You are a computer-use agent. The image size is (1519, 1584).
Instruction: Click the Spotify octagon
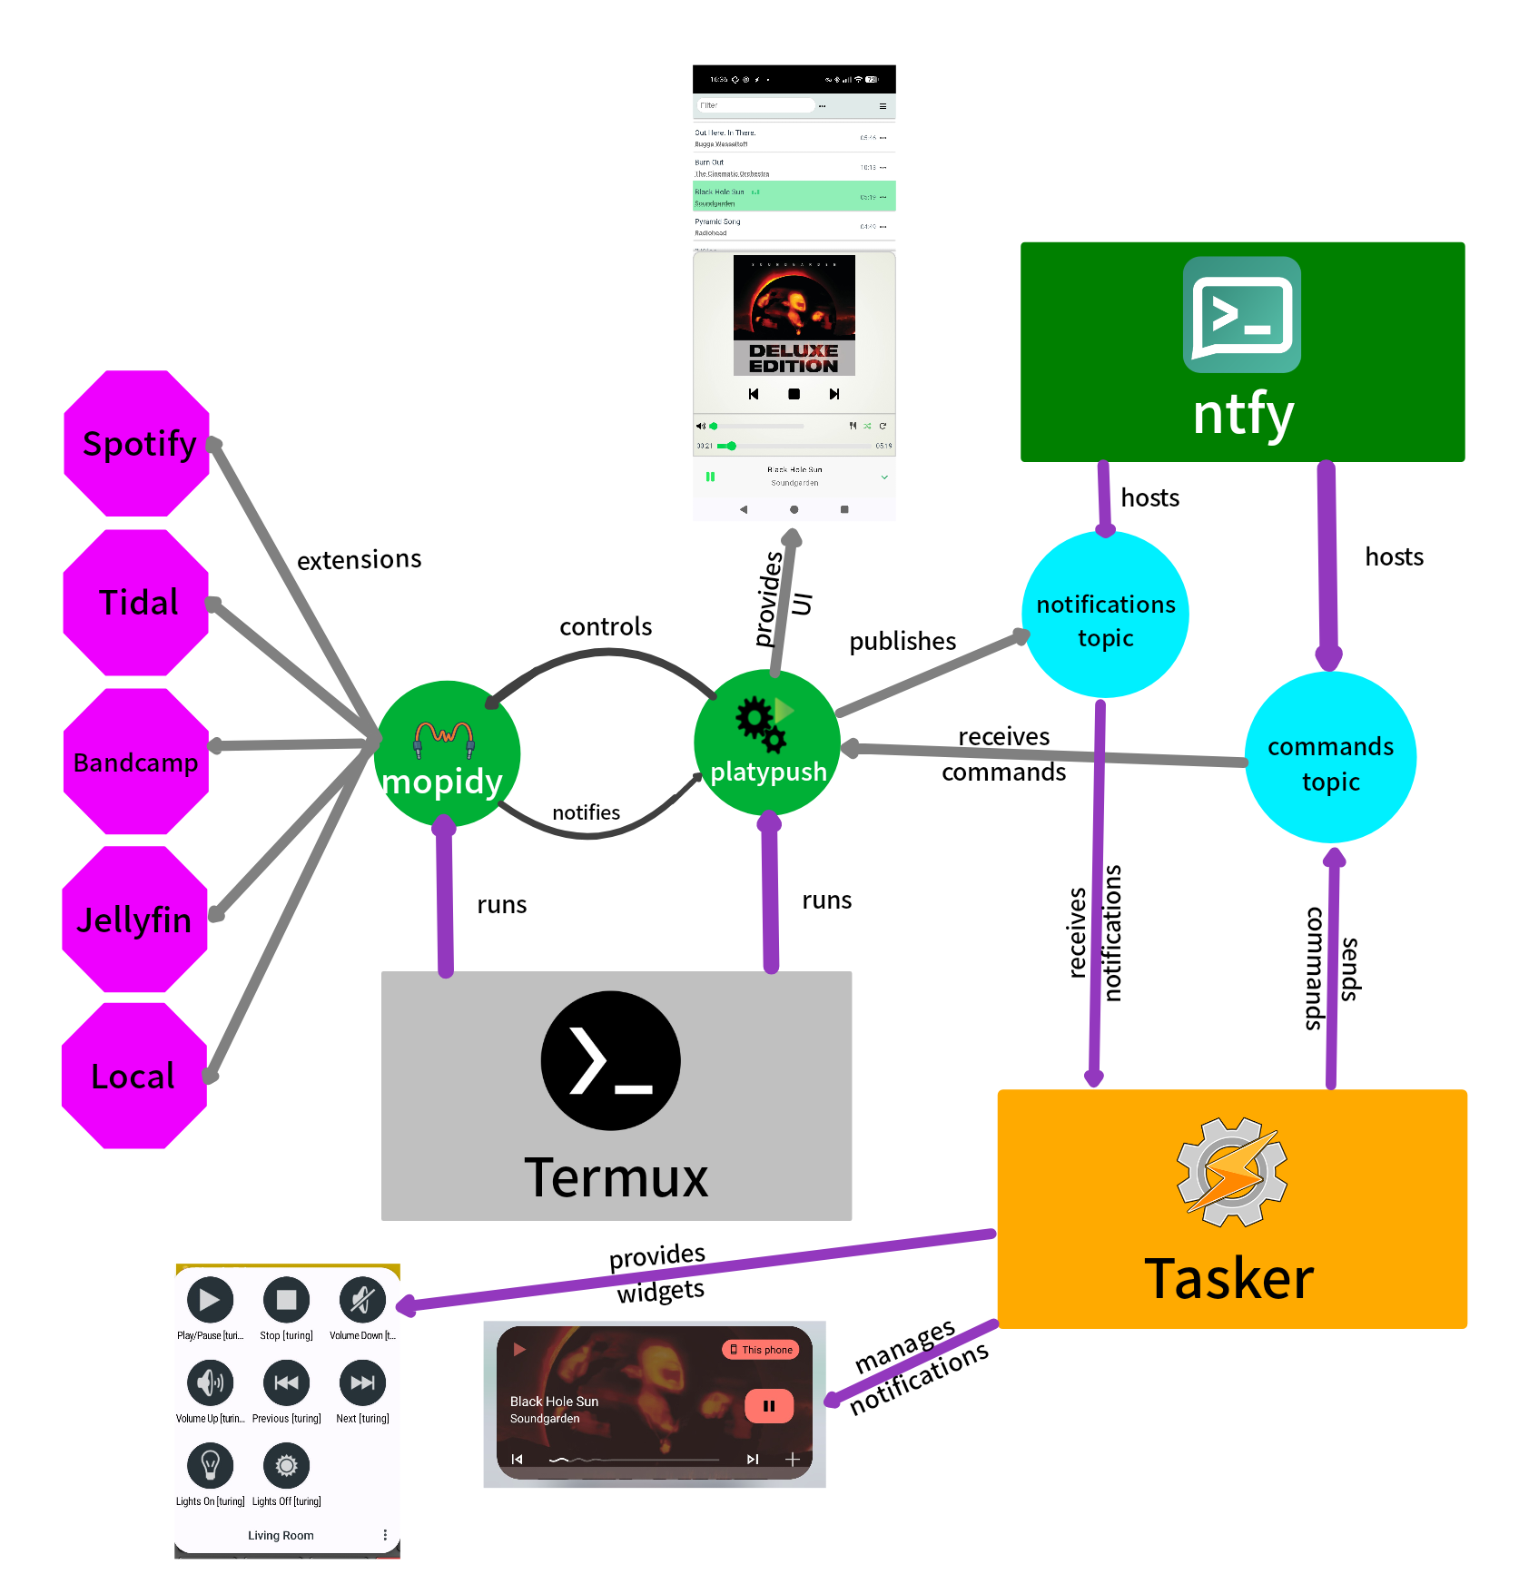pyautogui.click(x=137, y=443)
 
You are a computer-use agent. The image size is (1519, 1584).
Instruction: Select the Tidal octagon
pyautogui.click(x=136, y=603)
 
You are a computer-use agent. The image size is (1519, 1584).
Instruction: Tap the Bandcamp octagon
pyautogui.click(x=136, y=762)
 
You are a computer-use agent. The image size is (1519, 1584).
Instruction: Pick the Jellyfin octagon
pyautogui.click(x=135, y=920)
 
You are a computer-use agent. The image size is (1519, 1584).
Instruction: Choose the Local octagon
pyautogui.click(x=134, y=1077)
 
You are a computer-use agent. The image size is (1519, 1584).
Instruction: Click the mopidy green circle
pyautogui.click(x=447, y=754)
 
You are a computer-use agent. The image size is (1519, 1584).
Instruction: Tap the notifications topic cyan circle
pyautogui.click(x=1105, y=615)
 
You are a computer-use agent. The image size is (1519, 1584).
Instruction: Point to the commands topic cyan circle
pyautogui.click(x=1330, y=758)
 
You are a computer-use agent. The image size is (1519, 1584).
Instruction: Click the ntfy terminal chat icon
pyautogui.click(x=1241, y=315)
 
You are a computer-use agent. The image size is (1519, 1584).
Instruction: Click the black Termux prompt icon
pyautogui.click(x=610, y=1060)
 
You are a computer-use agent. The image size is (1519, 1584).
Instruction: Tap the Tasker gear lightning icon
pyautogui.click(x=1231, y=1172)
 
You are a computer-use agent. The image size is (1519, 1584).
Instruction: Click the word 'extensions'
pyautogui.click(x=360, y=559)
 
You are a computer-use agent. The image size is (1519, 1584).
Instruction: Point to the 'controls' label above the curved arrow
pyautogui.click(x=606, y=626)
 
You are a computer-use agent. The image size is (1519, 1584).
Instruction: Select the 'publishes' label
pyautogui.click(x=903, y=641)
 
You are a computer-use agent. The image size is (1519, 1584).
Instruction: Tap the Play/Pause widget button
pyautogui.click(x=210, y=1300)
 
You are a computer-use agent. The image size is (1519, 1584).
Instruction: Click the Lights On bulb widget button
pyautogui.click(x=210, y=1465)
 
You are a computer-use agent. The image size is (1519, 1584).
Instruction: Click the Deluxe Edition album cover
pyautogui.click(x=794, y=315)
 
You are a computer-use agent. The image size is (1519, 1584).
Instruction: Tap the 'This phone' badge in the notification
pyautogui.click(x=761, y=1350)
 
